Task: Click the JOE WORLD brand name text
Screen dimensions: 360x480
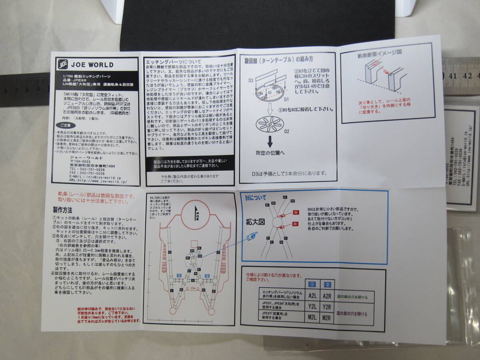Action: pyautogui.click(x=92, y=65)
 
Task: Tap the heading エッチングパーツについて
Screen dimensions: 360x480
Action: pyautogui.click(x=169, y=62)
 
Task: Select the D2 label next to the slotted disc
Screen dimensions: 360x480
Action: pyautogui.click(x=287, y=131)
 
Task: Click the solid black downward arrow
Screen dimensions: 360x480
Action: pyautogui.click(x=270, y=140)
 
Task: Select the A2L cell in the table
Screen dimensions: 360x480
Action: pyautogui.click(x=312, y=296)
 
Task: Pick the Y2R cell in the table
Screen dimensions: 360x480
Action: pyautogui.click(x=327, y=307)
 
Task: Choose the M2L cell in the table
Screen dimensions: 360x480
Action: pyautogui.click(x=312, y=318)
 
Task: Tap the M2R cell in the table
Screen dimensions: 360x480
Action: pyautogui.click(x=327, y=318)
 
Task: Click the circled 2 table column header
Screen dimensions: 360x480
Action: pyautogui.click(x=327, y=284)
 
